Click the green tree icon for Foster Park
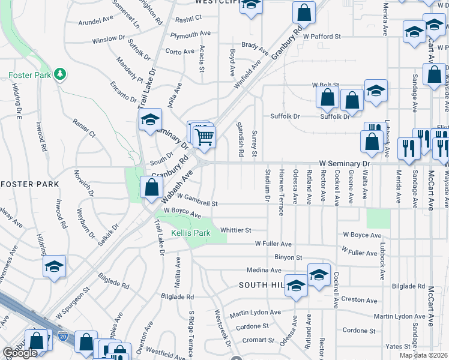[x=59, y=74]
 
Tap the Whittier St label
[x=235, y=230]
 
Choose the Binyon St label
[x=288, y=257]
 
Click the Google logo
[x=20, y=353]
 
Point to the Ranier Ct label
[x=84, y=131]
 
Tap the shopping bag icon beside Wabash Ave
[x=151, y=187]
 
